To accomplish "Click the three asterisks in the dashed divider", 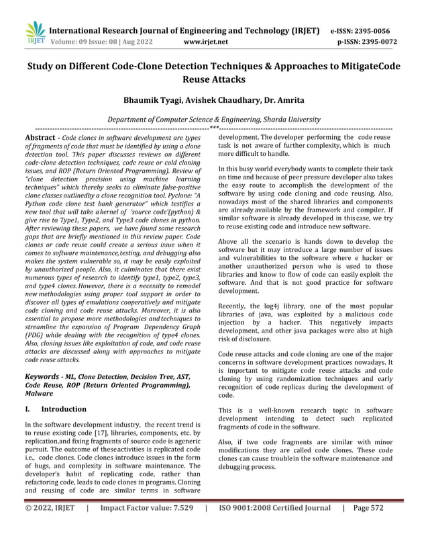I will click(x=214, y=127).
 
